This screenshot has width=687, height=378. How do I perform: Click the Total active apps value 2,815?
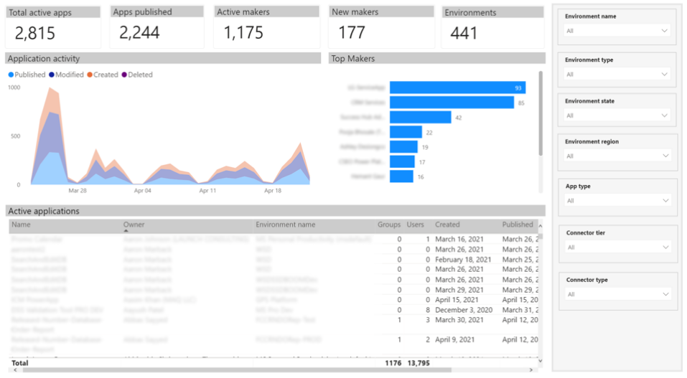pos(34,33)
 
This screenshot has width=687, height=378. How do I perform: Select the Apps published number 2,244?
pos(139,33)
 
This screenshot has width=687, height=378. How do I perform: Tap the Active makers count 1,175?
pos(243,33)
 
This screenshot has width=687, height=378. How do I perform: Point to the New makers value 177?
pos(352,33)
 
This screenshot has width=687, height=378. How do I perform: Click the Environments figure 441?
pos(464,33)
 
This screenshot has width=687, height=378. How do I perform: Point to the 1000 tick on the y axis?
pos(14,88)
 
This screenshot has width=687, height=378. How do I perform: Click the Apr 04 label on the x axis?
pos(143,191)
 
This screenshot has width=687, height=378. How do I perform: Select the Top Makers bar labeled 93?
pos(457,88)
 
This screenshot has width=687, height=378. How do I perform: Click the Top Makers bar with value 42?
pos(420,117)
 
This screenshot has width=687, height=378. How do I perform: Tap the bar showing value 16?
pos(401,176)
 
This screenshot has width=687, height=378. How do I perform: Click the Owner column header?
pos(134,225)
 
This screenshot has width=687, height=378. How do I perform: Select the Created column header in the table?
pos(447,225)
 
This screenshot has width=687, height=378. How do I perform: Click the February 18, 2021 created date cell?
pos(463,260)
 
